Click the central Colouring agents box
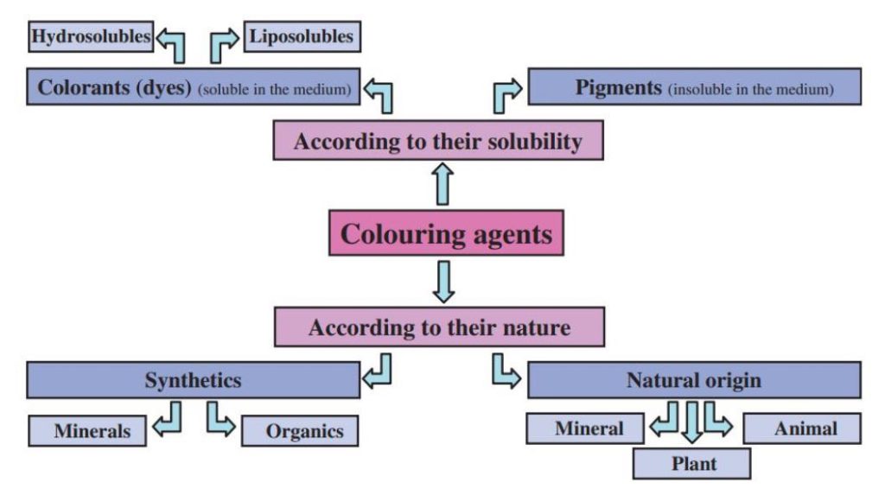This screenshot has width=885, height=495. coord(446,233)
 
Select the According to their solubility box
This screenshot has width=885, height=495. coord(437,141)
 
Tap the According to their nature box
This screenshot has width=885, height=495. coord(439,328)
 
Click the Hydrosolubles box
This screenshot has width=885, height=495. coord(91,36)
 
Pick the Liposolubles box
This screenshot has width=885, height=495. coord(301,36)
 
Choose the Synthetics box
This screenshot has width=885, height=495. coord(193,380)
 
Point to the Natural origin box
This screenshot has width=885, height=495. coord(693,380)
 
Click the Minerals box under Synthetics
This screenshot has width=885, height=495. coord(86,429)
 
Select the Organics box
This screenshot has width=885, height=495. coord(299,430)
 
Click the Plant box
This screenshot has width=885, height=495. coord(691,463)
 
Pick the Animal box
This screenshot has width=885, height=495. coord(801,428)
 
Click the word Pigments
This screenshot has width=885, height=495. coord(619,88)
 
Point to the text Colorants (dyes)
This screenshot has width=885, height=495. coord(115,88)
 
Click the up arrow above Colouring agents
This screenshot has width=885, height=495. coord(442,184)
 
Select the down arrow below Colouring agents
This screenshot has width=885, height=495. coord(442,282)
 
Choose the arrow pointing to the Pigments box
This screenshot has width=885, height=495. coord(506,94)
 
